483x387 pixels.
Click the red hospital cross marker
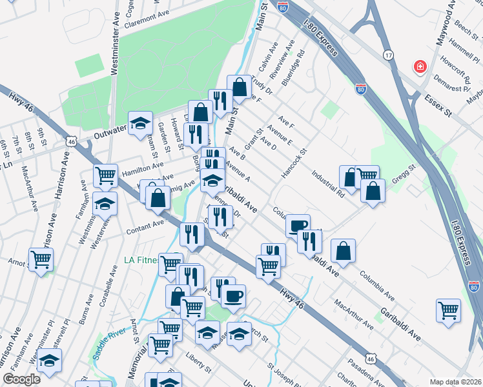click(x=420, y=66)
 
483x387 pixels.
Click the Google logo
click(x=21, y=379)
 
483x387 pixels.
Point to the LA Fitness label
click(x=141, y=261)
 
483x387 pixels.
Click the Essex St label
click(x=441, y=105)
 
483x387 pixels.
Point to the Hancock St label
click(x=294, y=165)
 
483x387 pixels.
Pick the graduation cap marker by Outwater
click(x=139, y=123)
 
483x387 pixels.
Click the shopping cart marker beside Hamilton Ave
click(x=105, y=174)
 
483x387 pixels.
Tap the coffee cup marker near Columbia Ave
click(x=298, y=224)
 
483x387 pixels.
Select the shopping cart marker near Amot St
click(x=41, y=259)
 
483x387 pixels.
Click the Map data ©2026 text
click(x=456, y=381)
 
